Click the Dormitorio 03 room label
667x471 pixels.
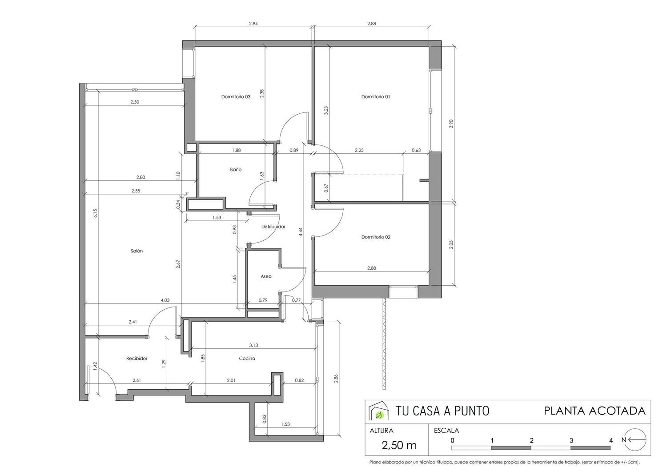coord(236,97)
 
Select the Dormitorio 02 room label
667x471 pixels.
coord(376,237)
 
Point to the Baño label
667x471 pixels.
coord(236,170)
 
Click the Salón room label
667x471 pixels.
coord(137,251)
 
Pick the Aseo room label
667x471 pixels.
coord(266,276)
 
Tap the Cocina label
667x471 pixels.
coord(247,359)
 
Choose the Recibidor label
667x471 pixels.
coord(137,359)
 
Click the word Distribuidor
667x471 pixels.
coord(273,227)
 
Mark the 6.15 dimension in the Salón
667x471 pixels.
coord(95,213)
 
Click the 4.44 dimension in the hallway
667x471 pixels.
coord(301,232)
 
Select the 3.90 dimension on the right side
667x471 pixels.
coord(451,124)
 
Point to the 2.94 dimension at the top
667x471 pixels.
coord(253,24)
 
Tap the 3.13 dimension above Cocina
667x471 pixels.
coord(253,345)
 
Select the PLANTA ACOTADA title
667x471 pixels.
coord(595,411)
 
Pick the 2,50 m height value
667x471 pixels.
coord(399,445)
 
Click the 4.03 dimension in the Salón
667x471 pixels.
coord(165,300)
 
